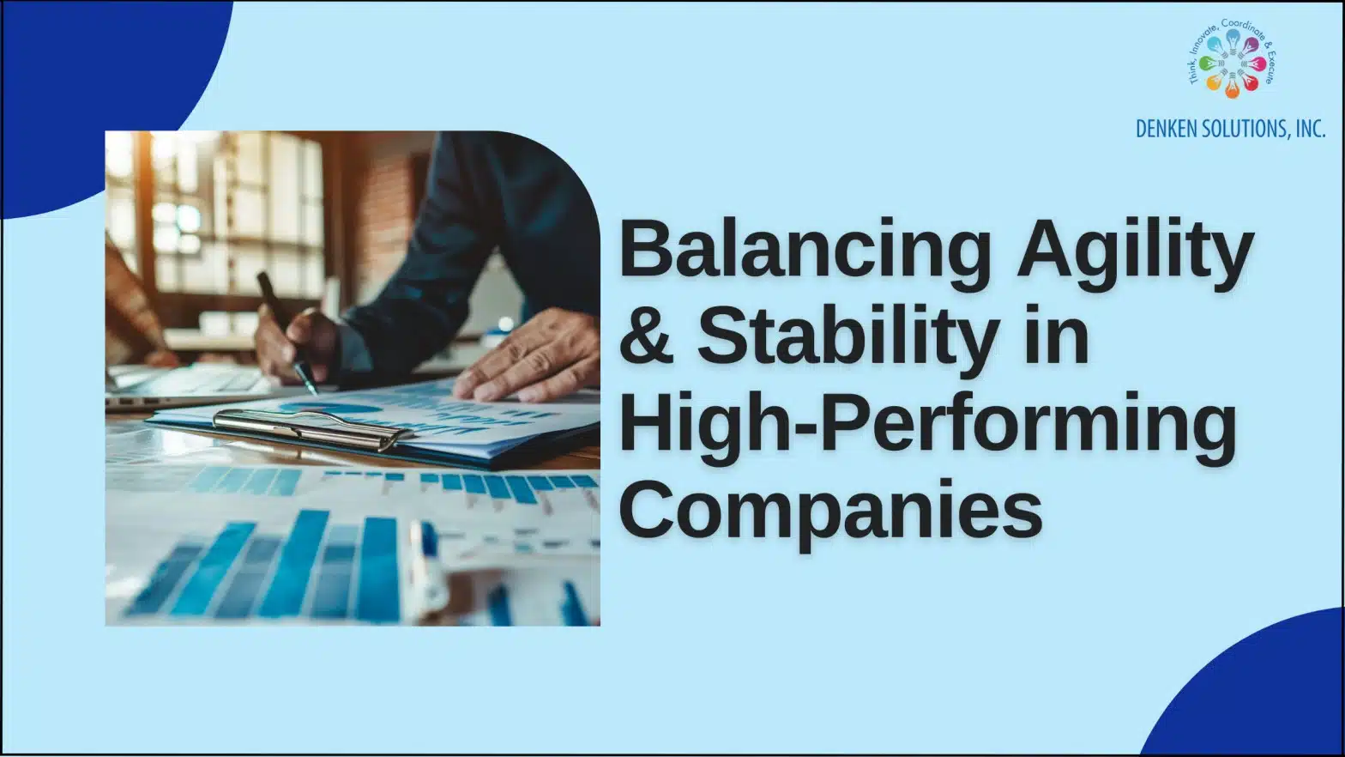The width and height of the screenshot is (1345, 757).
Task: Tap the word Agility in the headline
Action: (1135, 250)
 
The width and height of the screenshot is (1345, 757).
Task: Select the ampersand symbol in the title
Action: (646, 335)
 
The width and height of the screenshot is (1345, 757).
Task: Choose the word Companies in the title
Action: (829, 510)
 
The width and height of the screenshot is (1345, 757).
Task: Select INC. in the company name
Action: (1310, 129)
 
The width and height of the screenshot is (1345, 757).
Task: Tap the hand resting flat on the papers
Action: (532, 356)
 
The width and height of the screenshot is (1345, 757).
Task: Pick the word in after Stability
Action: (1056, 335)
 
